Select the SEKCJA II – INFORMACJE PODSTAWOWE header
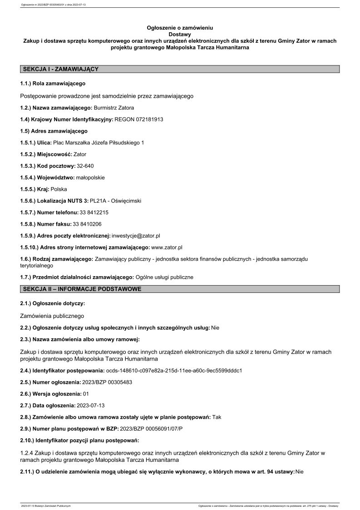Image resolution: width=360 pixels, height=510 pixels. click(82, 289)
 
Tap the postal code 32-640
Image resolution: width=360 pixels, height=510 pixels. click(85, 166)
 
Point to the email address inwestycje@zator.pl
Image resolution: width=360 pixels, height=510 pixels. click(136, 236)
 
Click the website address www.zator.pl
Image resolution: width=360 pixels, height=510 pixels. click(167, 247)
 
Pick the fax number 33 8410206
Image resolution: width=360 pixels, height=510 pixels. click(87, 224)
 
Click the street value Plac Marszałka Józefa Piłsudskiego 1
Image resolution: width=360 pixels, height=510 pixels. click(99, 143)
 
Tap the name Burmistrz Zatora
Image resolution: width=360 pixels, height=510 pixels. click(114, 108)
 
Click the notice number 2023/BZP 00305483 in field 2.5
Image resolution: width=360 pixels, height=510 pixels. click(108, 382)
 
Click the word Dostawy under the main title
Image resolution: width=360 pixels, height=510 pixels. click(180, 34)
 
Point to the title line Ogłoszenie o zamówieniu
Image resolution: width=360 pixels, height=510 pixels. click(180, 28)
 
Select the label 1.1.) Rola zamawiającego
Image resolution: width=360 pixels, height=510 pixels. click(53, 84)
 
